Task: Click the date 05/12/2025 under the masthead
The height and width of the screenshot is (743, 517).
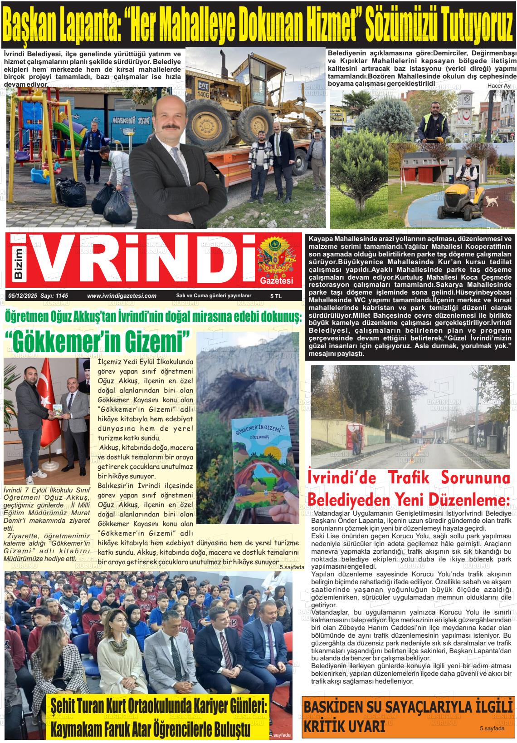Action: [22, 295]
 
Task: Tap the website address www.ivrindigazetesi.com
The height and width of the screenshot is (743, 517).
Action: [122, 295]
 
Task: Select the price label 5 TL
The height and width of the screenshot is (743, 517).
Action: [276, 296]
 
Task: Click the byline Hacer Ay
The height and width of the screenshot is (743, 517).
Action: [498, 86]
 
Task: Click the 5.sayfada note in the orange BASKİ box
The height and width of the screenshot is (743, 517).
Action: [492, 728]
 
